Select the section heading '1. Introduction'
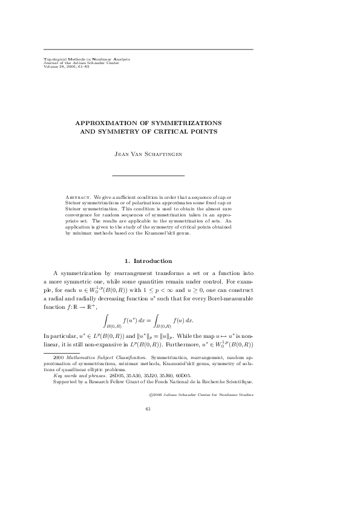pos(148,261)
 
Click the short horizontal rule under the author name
pos(148,175)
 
